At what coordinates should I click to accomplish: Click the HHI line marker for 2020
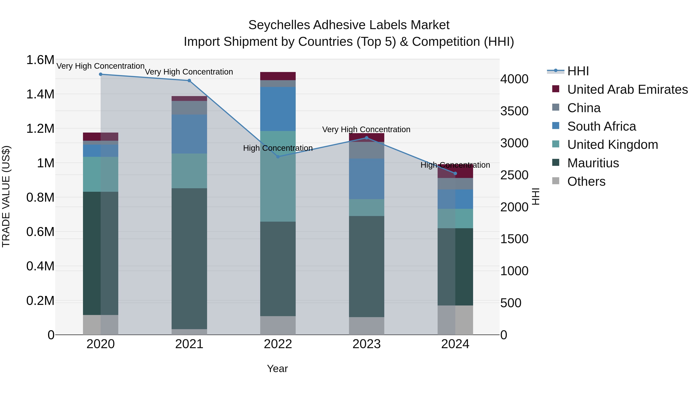pos(100,74)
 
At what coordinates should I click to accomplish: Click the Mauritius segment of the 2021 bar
pos(189,259)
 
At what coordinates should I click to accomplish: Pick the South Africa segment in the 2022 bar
pos(278,109)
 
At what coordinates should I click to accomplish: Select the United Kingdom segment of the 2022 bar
pos(278,176)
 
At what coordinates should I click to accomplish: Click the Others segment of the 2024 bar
pos(455,320)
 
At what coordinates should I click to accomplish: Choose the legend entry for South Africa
pos(601,126)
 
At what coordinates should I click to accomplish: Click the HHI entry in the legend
pos(578,71)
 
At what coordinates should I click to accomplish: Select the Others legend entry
pos(586,181)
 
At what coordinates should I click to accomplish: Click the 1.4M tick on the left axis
pos(40,94)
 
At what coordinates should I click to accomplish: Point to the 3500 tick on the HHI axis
pos(514,111)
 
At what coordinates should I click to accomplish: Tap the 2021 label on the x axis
pos(189,344)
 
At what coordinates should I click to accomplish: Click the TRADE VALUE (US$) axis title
pos(6,196)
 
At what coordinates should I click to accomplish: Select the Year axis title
pos(277,369)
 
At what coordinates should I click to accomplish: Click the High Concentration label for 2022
pos(278,148)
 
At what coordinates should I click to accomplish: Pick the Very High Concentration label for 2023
pos(366,129)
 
